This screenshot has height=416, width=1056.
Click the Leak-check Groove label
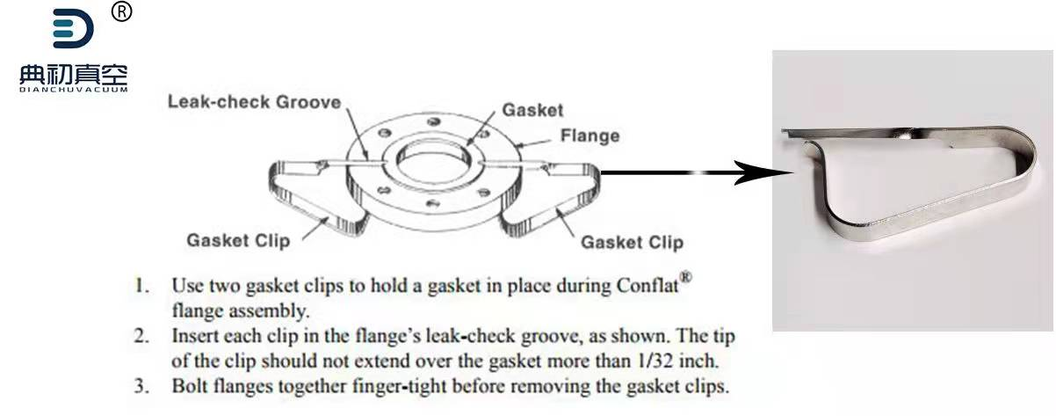(x=254, y=102)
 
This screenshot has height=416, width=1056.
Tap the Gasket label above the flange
(x=532, y=111)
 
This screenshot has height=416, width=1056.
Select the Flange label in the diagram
(x=589, y=135)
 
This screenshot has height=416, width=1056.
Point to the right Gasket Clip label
(x=632, y=241)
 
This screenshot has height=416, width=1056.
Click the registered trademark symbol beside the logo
(x=123, y=11)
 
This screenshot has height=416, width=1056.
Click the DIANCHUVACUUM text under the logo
(x=73, y=89)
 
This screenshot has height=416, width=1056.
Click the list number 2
(x=141, y=336)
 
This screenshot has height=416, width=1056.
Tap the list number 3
(x=141, y=386)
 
